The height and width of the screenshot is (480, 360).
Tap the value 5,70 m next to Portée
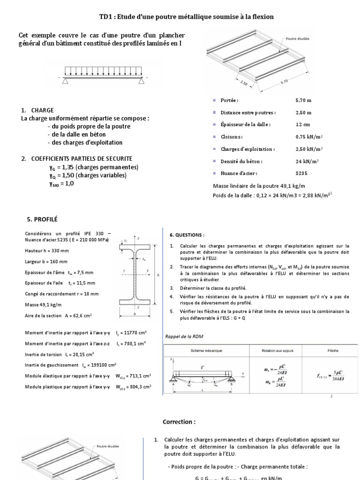pos(304,100)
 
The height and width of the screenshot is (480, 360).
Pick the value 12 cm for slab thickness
pos(302,125)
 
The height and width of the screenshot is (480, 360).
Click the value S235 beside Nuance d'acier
pos(301,173)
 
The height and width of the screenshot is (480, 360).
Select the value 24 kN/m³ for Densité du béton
pos(305,161)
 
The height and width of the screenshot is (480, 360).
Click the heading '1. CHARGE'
pos(37,110)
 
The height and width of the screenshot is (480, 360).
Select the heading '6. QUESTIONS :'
pos(187,234)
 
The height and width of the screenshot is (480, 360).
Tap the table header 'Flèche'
pos(333,350)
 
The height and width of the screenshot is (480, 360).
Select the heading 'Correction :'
pos(178,422)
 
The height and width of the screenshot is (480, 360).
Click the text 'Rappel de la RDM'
pos(184,336)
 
